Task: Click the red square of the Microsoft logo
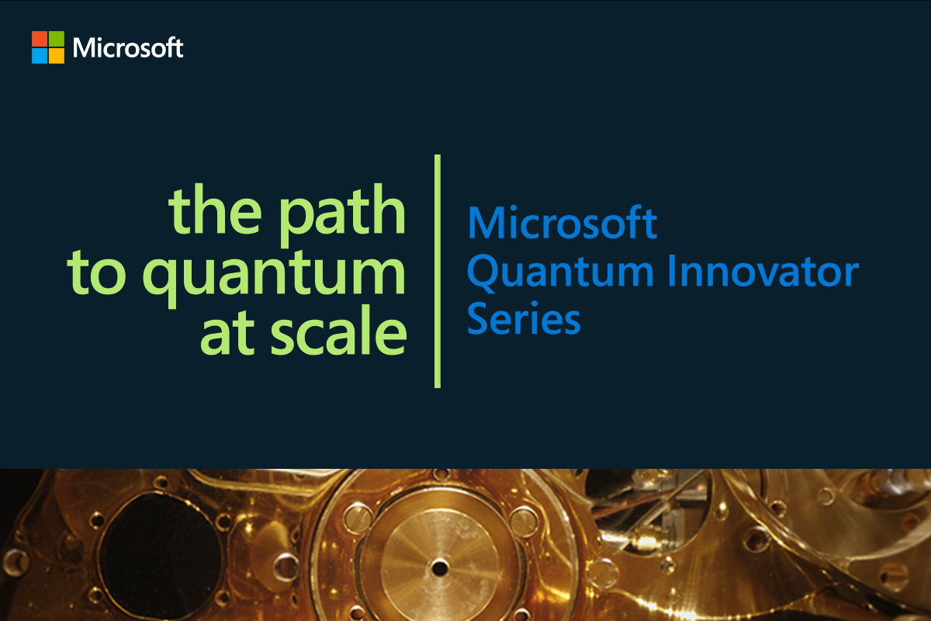click(40, 39)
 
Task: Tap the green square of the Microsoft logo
click(57, 39)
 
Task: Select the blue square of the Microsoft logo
click(40, 56)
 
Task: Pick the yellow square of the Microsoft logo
click(57, 56)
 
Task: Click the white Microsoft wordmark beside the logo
click(128, 47)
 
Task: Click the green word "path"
click(341, 215)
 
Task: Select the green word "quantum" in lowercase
click(274, 277)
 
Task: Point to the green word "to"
click(96, 272)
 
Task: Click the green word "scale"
click(339, 330)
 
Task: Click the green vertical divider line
click(438, 271)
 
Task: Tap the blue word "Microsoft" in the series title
click(562, 223)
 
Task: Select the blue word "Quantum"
click(561, 272)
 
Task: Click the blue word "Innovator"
click(763, 270)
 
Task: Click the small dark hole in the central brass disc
click(440, 568)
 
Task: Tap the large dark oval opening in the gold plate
click(161, 554)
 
